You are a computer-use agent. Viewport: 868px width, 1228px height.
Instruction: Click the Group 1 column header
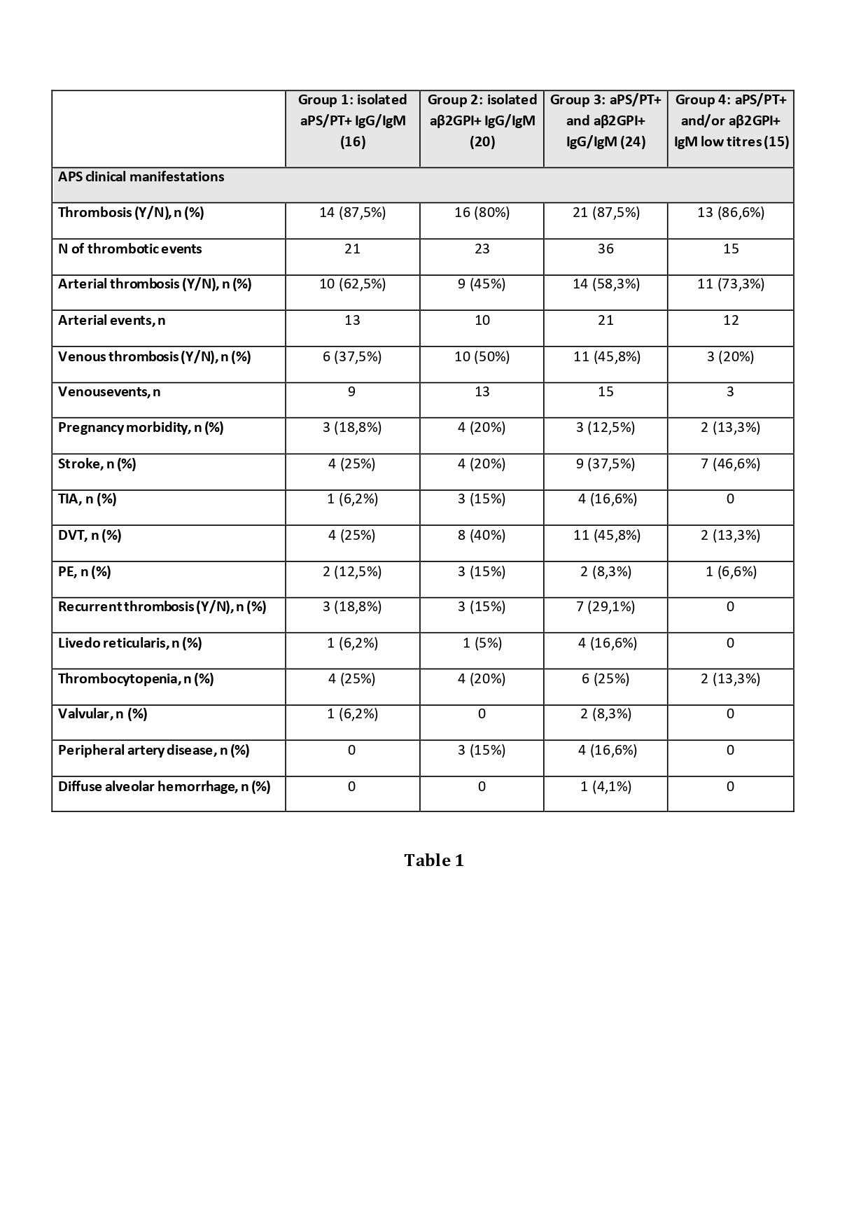tap(352, 120)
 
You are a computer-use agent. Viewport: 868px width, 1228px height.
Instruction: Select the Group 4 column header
tap(731, 120)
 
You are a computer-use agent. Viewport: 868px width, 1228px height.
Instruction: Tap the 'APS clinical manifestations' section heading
tap(141, 177)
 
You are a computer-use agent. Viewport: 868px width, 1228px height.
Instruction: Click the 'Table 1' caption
tap(434, 860)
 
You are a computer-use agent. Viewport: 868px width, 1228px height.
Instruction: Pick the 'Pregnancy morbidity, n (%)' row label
tap(141, 428)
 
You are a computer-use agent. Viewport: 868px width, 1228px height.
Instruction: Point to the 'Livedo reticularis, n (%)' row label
tap(130, 643)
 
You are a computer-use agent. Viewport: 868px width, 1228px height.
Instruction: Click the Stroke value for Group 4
tap(730, 464)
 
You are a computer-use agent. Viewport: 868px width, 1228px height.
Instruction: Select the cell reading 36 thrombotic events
tap(605, 249)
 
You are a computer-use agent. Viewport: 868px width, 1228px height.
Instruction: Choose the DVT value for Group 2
tap(482, 536)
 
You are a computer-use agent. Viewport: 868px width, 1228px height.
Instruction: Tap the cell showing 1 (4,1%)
tap(605, 787)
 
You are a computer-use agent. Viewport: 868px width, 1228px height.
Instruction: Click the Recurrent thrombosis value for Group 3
tap(605, 607)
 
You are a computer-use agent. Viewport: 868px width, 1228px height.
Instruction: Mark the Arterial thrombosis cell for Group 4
tap(730, 284)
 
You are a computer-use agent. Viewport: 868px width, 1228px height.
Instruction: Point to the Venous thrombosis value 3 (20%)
tap(730, 357)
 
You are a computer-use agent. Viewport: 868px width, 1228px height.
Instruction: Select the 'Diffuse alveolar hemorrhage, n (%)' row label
tap(164, 787)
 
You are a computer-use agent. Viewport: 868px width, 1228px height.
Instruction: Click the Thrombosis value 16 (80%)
tap(482, 213)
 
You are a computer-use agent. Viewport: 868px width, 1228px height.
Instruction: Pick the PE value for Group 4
tap(730, 572)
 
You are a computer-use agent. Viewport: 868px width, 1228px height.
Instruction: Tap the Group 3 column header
tap(605, 120)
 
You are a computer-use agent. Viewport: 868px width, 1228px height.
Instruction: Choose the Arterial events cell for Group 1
tap(352, 321)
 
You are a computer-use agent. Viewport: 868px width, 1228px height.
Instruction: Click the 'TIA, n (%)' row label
tap(87, 499)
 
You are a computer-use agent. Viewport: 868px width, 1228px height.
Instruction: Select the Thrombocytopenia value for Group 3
tap(605, 679)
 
